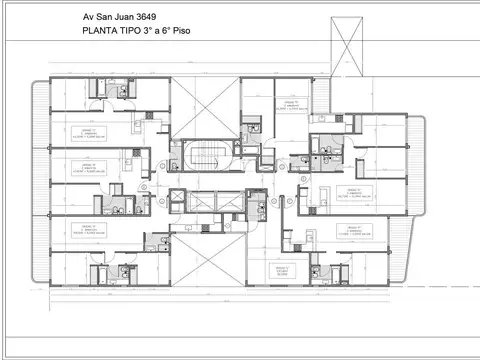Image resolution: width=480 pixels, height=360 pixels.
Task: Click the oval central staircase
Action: [204, 160]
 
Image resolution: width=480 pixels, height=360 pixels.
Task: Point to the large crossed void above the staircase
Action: [204, 108]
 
